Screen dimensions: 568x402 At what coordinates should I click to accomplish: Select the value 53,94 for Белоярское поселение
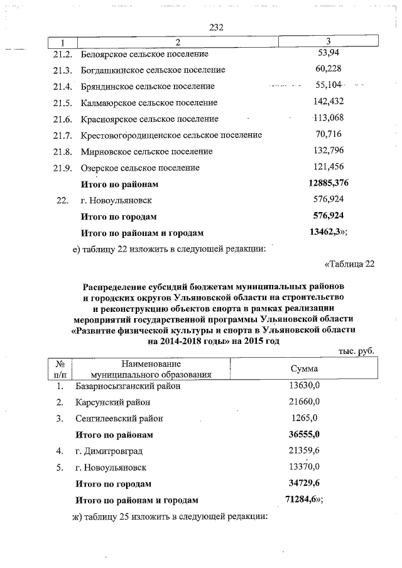pos(329,53)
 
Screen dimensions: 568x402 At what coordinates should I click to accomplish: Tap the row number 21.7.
pos(64,136)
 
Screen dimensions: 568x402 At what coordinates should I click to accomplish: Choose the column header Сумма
pos(304,369)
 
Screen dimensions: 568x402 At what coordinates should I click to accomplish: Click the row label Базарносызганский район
pos(128,387)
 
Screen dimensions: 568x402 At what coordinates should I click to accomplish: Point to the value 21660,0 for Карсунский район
pos(305,402)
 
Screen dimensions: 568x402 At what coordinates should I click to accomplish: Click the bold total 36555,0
pos(305,435)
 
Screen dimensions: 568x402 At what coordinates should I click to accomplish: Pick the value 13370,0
pos(305,468)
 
